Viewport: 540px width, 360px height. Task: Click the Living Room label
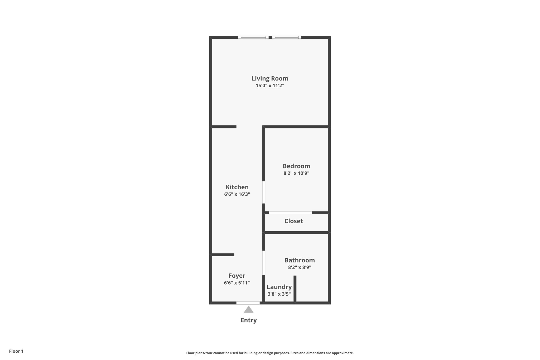pos(270,78)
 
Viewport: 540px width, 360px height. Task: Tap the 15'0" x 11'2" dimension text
pos(270,85)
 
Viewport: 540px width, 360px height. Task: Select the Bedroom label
pos(296,166)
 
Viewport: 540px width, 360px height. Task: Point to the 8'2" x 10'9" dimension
pos(296,173)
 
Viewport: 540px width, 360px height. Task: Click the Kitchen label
pos(237,187)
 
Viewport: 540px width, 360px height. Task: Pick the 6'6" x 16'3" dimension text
pos(237,194)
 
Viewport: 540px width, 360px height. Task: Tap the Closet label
pos(293,221)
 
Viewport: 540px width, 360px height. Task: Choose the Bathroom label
pos(300,260)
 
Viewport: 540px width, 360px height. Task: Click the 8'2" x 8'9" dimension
pos(300,267)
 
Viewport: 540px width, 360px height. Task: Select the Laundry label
pos(279,287)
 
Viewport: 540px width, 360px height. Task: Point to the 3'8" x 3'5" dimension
pos(279,294)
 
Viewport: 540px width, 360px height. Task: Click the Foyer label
pos(237,276)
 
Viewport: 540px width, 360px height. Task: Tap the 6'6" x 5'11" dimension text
pos(237,283)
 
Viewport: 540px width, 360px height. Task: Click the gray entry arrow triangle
pos(249,309)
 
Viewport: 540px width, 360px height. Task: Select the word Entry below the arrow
pos(249,320)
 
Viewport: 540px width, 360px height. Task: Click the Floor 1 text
pos(16,351)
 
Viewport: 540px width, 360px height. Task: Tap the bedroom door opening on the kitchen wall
pos(264,192)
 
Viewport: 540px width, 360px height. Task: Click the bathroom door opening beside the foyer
pos(264,263)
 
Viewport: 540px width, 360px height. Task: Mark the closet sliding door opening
pos(290,213)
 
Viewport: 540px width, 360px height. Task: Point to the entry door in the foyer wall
pos(248,303)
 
